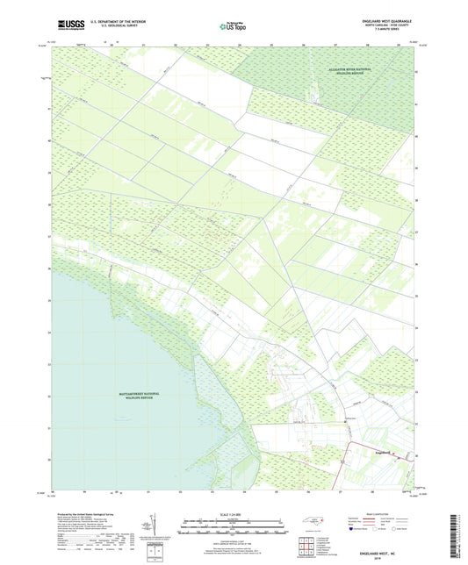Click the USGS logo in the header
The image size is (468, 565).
pyautogui.click(x=63, y=27)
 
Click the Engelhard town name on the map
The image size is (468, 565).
pyautogui.click(x=387, y=454)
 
